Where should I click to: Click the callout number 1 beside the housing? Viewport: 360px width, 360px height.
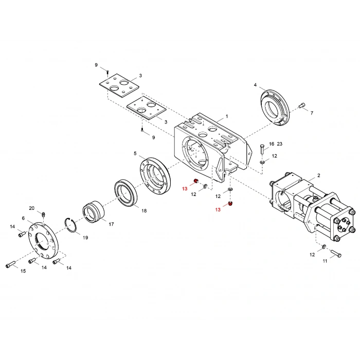[x=226, y=117]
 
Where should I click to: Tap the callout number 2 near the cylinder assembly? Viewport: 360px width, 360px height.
[x=318, y=175]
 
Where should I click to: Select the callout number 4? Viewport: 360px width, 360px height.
[x=255, y=85]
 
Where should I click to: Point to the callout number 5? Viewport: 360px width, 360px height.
[x=135, y=153]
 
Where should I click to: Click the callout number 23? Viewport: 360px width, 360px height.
[x=279, y=144]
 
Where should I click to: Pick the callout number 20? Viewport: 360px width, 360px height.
[x=31, y=208]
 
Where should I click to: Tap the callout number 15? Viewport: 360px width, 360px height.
[x=23, y=271]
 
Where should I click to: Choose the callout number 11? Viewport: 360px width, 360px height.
[x=325, y=261]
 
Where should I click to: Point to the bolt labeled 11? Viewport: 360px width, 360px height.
[x=336, y=253]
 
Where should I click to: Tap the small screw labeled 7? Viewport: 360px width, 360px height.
[x=301, y=106]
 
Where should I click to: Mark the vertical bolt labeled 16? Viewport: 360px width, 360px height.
[x=262, y=149]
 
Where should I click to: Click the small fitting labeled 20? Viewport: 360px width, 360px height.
[x=44, y=213]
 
